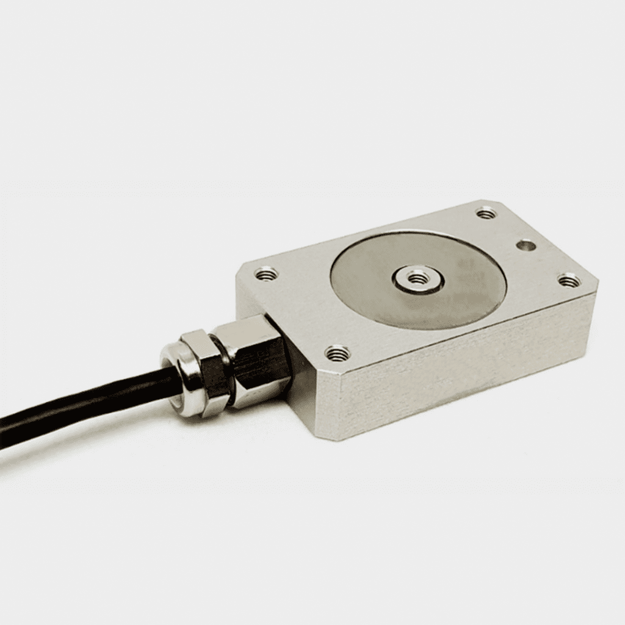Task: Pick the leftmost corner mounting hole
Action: (x=266, y=274)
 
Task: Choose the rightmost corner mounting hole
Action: (x=569, y=280)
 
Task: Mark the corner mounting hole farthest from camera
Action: (x=486, y=213)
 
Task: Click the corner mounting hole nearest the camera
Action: (x=337, y=352)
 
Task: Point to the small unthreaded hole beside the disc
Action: (x=526, y=245)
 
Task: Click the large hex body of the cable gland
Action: (x=256, y=360)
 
